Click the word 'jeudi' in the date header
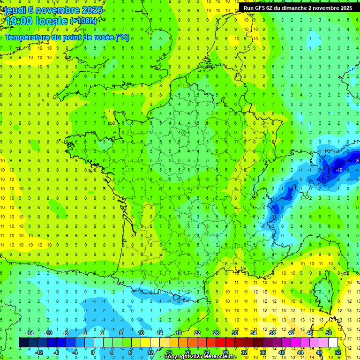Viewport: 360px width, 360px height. pos(14,10)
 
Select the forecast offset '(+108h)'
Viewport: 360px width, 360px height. pos(83,21)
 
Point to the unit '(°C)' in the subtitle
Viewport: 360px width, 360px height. pos(122,37)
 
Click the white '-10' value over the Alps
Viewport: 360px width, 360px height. pos(339,170)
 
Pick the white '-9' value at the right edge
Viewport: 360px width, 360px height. pos(357,160)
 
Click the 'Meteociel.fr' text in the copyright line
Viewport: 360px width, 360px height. pos(220,357)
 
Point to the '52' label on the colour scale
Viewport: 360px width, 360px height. pos(338,352)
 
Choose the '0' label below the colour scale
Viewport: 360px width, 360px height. pos(93,352)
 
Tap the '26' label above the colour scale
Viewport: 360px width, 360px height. pos(216,333)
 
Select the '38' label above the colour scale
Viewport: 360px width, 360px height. pos(272,333)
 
